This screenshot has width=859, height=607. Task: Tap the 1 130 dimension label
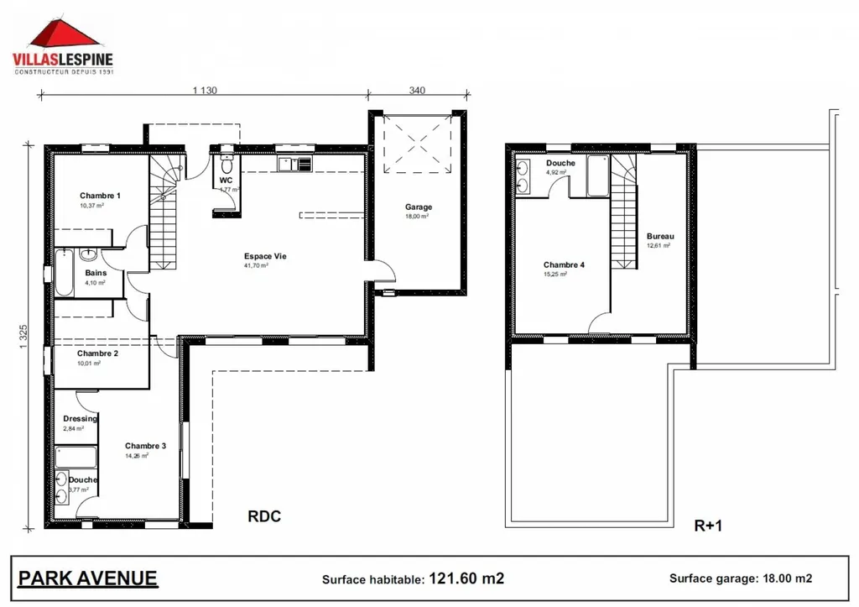[x=205, y=90]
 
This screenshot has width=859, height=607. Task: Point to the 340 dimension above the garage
[x=417, y=90]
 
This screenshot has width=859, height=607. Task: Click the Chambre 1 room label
[x=100, y=196]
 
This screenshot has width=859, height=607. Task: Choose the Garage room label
[x=418, y=207]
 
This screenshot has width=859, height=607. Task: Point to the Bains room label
[x=95, y=273]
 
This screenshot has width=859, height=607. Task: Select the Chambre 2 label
[x=98, y=353]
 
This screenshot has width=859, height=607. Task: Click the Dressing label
[x=80, y=419]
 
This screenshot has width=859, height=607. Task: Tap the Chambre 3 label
[x=145, y=446]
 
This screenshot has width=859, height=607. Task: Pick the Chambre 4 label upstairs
[x=564, y=264]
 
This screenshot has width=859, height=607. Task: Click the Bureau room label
[x=659, y=237]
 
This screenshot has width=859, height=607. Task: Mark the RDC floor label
[x=263, y=517]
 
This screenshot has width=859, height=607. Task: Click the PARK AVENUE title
[x=87, y=578]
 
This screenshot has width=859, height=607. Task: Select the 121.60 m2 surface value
[x=466, y=578]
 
